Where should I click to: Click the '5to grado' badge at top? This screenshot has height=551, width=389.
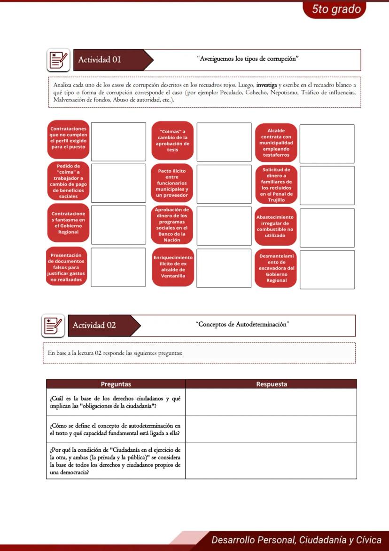click(x=336, y=9)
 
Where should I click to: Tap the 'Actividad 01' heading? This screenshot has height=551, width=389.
click(x=100, y=60)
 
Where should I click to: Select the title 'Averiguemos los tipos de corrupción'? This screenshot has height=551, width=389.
click(x=248, y=59)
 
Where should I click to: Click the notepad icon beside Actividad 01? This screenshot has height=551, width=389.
click(x=58, y=60)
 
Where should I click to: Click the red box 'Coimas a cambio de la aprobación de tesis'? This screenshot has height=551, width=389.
click(x=172, y=140)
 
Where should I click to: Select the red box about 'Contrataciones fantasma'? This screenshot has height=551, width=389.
click(x=68, y=223)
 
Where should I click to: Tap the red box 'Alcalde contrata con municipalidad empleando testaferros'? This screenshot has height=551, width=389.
click(x=276, y=143)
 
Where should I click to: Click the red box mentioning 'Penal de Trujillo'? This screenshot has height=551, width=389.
click(x=276, y=184)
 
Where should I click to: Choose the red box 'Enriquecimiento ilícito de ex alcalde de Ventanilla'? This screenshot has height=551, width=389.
click(x=172, y=267)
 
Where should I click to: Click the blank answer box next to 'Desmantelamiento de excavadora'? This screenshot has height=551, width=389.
click(x=327, y=270)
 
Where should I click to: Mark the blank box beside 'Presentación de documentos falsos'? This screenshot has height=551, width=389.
click(x=118, y=267)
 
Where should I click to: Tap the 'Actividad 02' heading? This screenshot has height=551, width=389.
click(x=94, y=326)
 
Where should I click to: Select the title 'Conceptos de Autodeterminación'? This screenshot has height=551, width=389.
click(x=242, y=325)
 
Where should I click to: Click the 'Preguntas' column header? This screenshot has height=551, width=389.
click(x=116, y=384)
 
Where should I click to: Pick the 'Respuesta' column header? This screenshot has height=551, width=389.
click(x=271, y=384)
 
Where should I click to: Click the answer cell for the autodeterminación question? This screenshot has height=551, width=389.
click(x=271, y=429)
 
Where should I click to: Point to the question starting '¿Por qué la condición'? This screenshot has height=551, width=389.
click(x=116, y=461)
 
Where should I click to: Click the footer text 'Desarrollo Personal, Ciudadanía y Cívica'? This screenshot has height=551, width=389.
click(x=296, y=540)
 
